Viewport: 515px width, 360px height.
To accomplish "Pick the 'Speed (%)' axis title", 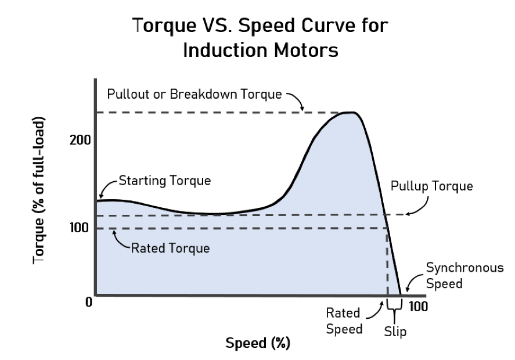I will [257, 343].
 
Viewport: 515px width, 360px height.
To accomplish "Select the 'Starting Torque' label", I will [164, 181].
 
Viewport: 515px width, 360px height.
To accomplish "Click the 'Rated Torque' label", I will [170, 248].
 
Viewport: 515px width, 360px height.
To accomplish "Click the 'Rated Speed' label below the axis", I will [344, 321].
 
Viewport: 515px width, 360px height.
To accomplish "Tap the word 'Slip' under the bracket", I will [395, 332].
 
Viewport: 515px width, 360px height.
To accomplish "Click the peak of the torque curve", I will [348, 113].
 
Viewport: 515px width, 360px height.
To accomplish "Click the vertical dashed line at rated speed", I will [387, 261].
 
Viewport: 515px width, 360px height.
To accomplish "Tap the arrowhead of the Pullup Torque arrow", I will [407, 214].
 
